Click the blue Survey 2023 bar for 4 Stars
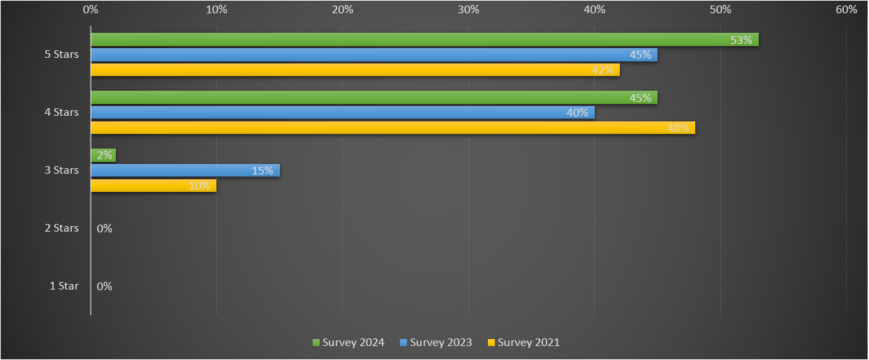[x=342, y=112]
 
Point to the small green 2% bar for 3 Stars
[x=103, y=156]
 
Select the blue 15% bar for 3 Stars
[x=185, y=170]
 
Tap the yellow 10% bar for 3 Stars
[x=154, y=186]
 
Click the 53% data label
[x=741, y=40]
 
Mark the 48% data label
[x=678, y=128]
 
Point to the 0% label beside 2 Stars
[x=105, y=228]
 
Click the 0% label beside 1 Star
[x=105, y=286]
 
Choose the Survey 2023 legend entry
[x=436, y=343]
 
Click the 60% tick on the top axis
[x=846, y=10]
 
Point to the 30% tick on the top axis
[x=468, y=10]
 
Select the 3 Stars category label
[x=61, y=170]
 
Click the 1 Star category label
[x=64, y=286]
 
